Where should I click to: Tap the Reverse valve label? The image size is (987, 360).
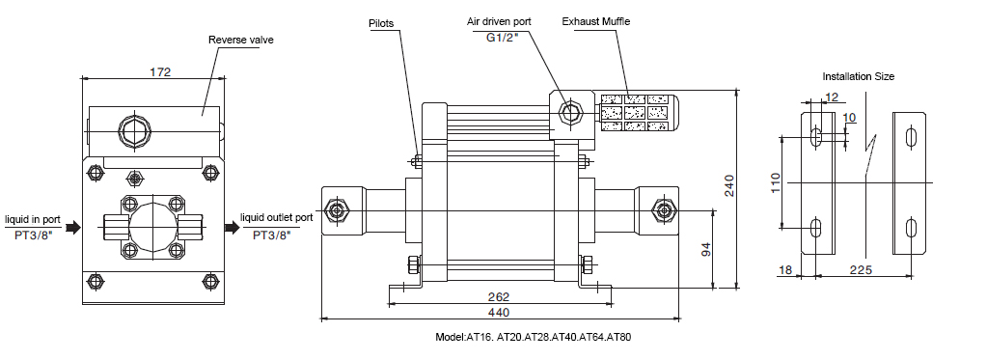coord(241,41)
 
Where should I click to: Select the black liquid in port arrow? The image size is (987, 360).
coord(73,227)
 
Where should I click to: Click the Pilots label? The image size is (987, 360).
coord(381,23)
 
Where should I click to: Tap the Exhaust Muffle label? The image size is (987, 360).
coord(596,21)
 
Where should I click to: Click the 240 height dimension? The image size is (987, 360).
coord(729,185)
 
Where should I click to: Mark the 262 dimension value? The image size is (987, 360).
coord(499,296)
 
